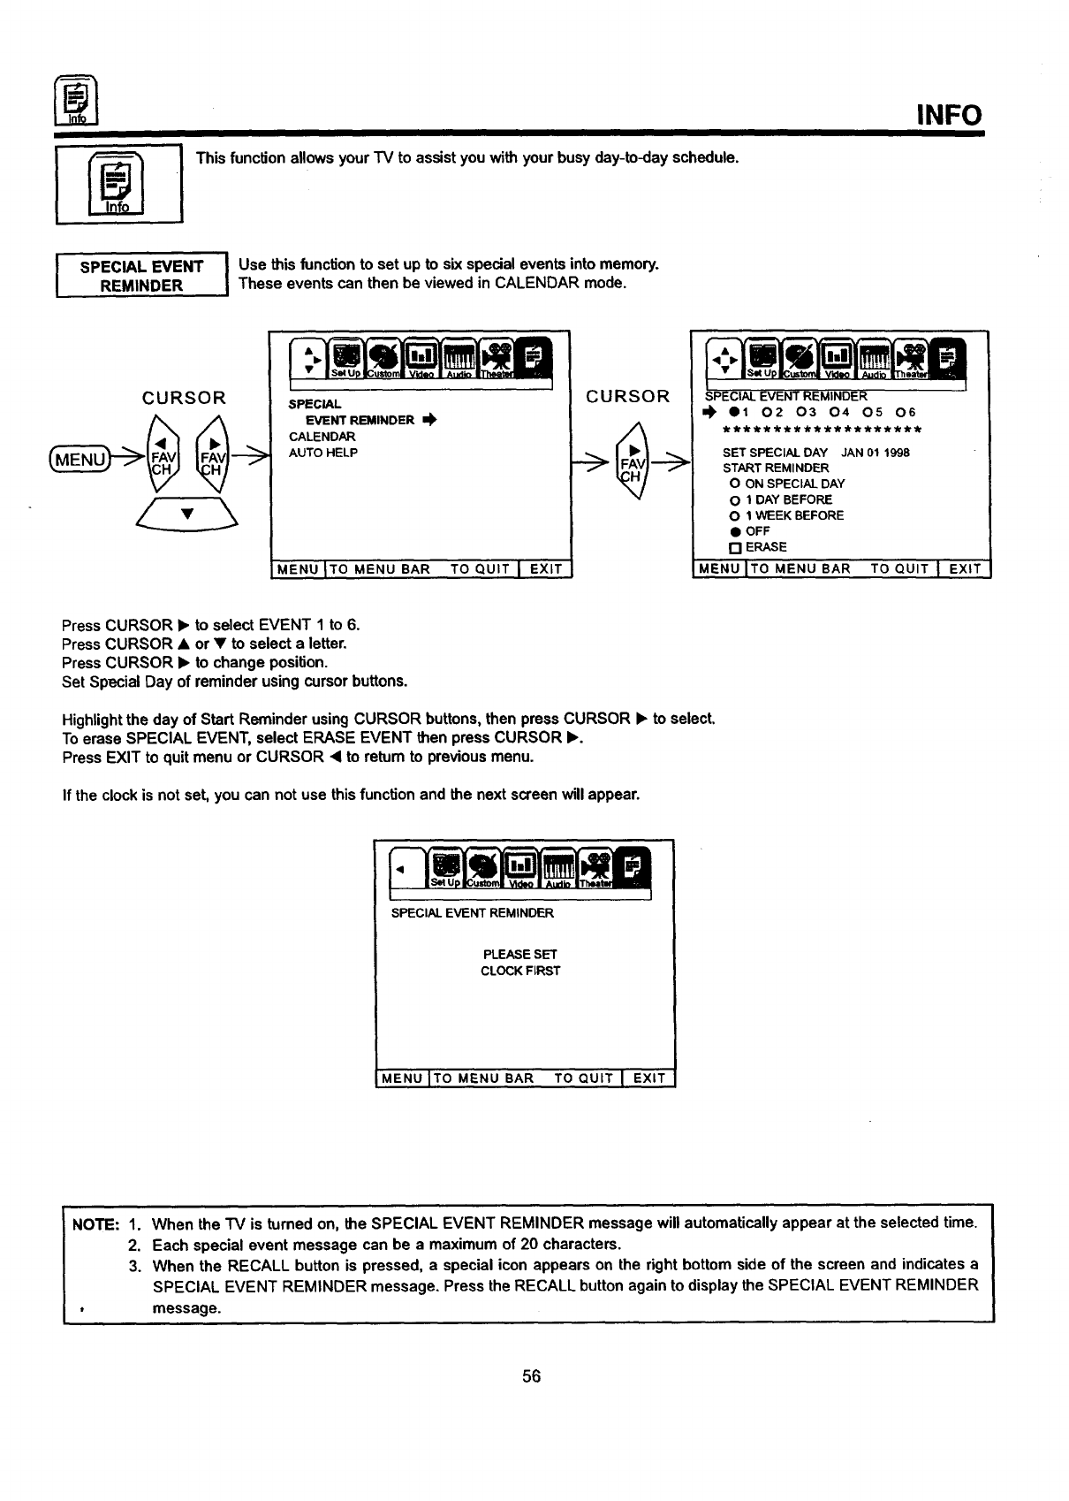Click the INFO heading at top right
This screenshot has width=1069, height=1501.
pyautogui.click(x=948, y=115)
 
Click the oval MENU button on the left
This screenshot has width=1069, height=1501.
pyautogui.click(x=80, y=460)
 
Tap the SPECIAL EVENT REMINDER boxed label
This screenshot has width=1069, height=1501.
pyautogui.click(x=141, y=276)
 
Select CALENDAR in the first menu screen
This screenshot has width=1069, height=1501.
pyautogui.click(x=322, y=437)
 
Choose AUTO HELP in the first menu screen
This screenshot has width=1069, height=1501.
pyautogui.click(x=322, y=453)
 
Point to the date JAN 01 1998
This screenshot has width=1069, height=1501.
pyautogui.click(x=876, y=453)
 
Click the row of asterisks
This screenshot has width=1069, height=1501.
pyautogui.click(x=822, y=430)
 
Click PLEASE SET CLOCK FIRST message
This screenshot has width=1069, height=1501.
pyautogui.click(x=520, y=963)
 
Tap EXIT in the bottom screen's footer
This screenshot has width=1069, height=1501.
pyautogui.click(x=649, y=1078)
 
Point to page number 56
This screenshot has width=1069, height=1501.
pyautogui.click(x=531, y=1376)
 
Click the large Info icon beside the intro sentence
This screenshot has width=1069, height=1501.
pyautogui.click(x=118, y=185)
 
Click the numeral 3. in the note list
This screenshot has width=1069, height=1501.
pyautogui.click(x=135, y=1265)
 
